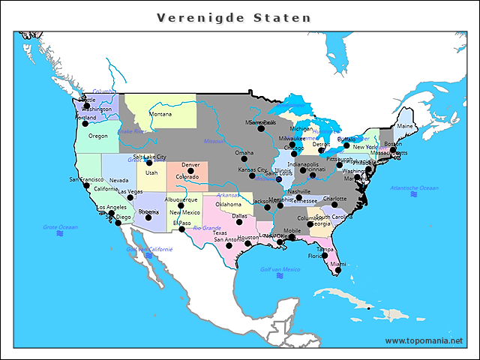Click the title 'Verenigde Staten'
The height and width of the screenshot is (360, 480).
click(x=233, y=17)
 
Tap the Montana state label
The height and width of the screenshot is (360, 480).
click(x=160, y=115)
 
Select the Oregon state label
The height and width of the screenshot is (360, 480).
click(x=98, y=136)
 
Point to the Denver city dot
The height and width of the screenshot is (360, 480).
click(x=187, y=171)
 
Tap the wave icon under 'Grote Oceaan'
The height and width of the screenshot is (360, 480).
click(x=60, y=233)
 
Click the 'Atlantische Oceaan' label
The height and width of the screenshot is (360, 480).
click(x=414, y=187)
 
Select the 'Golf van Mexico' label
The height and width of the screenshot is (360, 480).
click(x=280, y=268)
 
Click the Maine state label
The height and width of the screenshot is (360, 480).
click(x=404, y=126)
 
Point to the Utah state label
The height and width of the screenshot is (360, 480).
click(x=151, y=172)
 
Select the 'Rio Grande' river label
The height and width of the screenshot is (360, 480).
click(x=207, y=228)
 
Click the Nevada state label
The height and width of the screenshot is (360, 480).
click(x=118, y=181)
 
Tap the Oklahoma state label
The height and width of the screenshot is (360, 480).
click(x=228, y=204)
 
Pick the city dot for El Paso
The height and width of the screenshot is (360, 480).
click(x=181, y=229)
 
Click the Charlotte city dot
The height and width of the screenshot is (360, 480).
click(x=334, y=205)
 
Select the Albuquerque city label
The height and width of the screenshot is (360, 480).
click(x=181, y=199)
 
